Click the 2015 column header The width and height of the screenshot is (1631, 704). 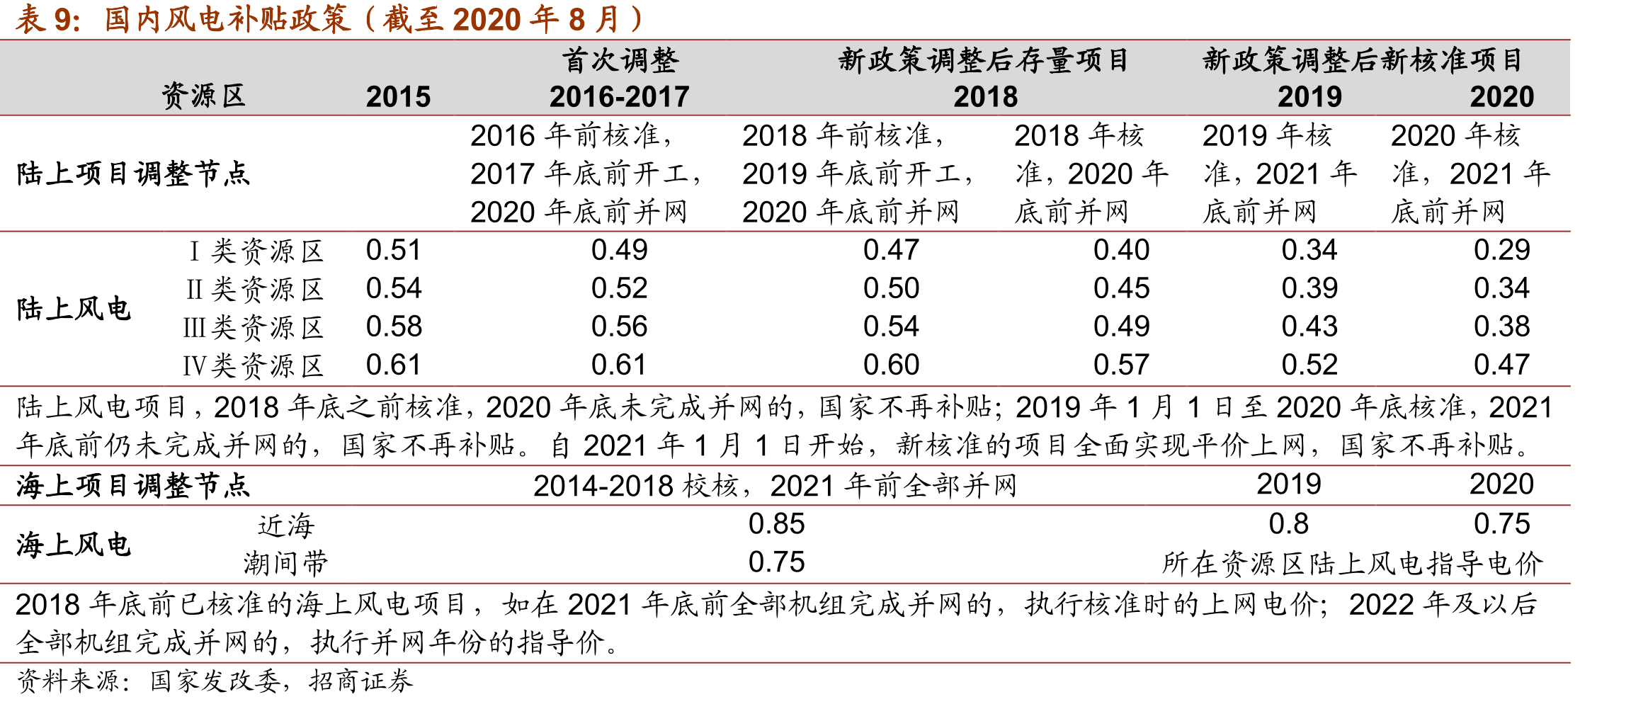[398, 96]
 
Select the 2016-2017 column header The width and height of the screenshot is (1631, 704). [619, 96]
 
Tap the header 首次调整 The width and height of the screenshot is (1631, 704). [620, 60]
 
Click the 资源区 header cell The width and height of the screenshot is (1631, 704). [203, 96]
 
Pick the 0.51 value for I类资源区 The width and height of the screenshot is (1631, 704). [394, 250]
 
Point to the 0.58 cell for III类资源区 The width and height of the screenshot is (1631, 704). [394, 327]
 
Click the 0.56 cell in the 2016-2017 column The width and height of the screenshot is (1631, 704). [620, 327]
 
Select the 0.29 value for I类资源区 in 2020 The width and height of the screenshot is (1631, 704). [1502, 250]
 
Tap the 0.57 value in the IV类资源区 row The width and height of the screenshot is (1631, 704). [1122, 365]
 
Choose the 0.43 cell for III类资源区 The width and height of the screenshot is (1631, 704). [1309, 327]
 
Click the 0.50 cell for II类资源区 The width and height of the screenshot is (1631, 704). [891, 288]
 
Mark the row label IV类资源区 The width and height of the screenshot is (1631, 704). [253, 365]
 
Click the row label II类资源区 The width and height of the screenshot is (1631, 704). [254, 289]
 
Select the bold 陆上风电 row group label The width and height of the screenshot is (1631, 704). [74, 309]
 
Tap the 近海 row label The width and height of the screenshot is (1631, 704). [286, 526]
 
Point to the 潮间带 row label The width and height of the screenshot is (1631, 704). [286, 564]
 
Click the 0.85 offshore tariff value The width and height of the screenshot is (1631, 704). [776, 524]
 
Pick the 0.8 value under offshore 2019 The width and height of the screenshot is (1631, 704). [1289, 524]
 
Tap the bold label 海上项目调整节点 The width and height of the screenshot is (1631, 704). [133, 486]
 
